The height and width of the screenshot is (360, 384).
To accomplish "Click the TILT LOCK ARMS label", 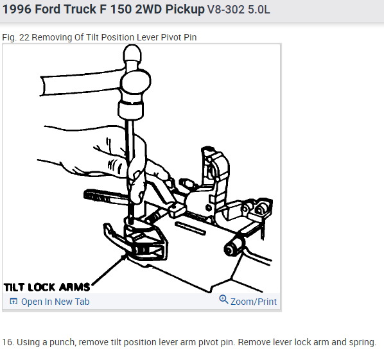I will (x=47, y=286).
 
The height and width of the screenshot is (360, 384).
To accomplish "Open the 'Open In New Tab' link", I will (x=55, y=302).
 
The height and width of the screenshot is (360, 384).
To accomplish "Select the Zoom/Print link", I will (x=254, y=301).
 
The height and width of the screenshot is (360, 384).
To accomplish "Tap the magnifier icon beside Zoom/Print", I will (x=223, y=300).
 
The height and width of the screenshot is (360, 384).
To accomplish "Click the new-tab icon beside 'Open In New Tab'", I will (x=13, y=302).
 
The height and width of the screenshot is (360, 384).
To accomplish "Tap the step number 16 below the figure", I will (x=8, y=341).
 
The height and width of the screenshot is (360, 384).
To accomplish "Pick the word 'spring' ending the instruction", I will (x=362, y=341).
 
